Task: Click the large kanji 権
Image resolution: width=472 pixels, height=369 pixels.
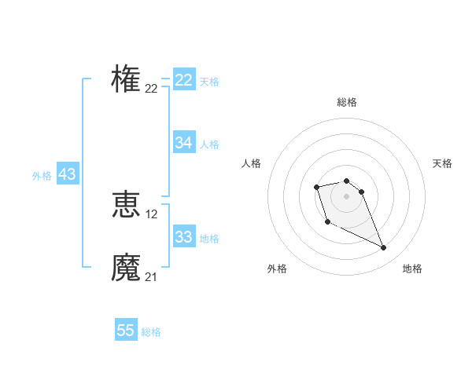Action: click(126, 79)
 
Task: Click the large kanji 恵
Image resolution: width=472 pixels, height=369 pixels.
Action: click(126, 204)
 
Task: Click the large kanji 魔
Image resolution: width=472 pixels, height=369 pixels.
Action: click(126, 267)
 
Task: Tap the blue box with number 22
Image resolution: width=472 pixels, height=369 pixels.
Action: click(184, 80)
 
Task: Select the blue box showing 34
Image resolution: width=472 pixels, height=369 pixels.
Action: click(184, 143)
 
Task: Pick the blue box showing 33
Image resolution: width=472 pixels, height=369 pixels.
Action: click(184, 237)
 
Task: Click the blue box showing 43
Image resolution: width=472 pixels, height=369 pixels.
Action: click(67, 174)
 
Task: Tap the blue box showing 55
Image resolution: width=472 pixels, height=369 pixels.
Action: click(126, 331)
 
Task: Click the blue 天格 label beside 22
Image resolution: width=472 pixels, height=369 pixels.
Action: click(209, 82)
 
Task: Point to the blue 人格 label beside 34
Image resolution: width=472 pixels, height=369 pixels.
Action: click(209, 144)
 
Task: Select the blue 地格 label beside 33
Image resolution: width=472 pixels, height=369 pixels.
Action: click(209, 239)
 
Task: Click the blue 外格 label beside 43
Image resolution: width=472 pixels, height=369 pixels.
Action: click(42, 176)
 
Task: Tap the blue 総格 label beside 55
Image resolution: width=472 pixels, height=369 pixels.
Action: click(151, 332)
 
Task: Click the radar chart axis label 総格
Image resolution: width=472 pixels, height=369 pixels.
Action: click(347, 102)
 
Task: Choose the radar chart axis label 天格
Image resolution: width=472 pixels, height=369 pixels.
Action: click(442, 163)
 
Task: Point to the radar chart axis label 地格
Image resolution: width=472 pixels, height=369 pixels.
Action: click(412, 269)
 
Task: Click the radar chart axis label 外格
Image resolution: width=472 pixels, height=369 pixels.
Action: click(277, 269)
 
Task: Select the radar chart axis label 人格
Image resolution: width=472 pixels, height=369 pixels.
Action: click(252, 163)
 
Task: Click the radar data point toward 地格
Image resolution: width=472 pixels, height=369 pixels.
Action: click(384, 248)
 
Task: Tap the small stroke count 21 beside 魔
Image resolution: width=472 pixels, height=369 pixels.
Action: click(151, 277)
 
